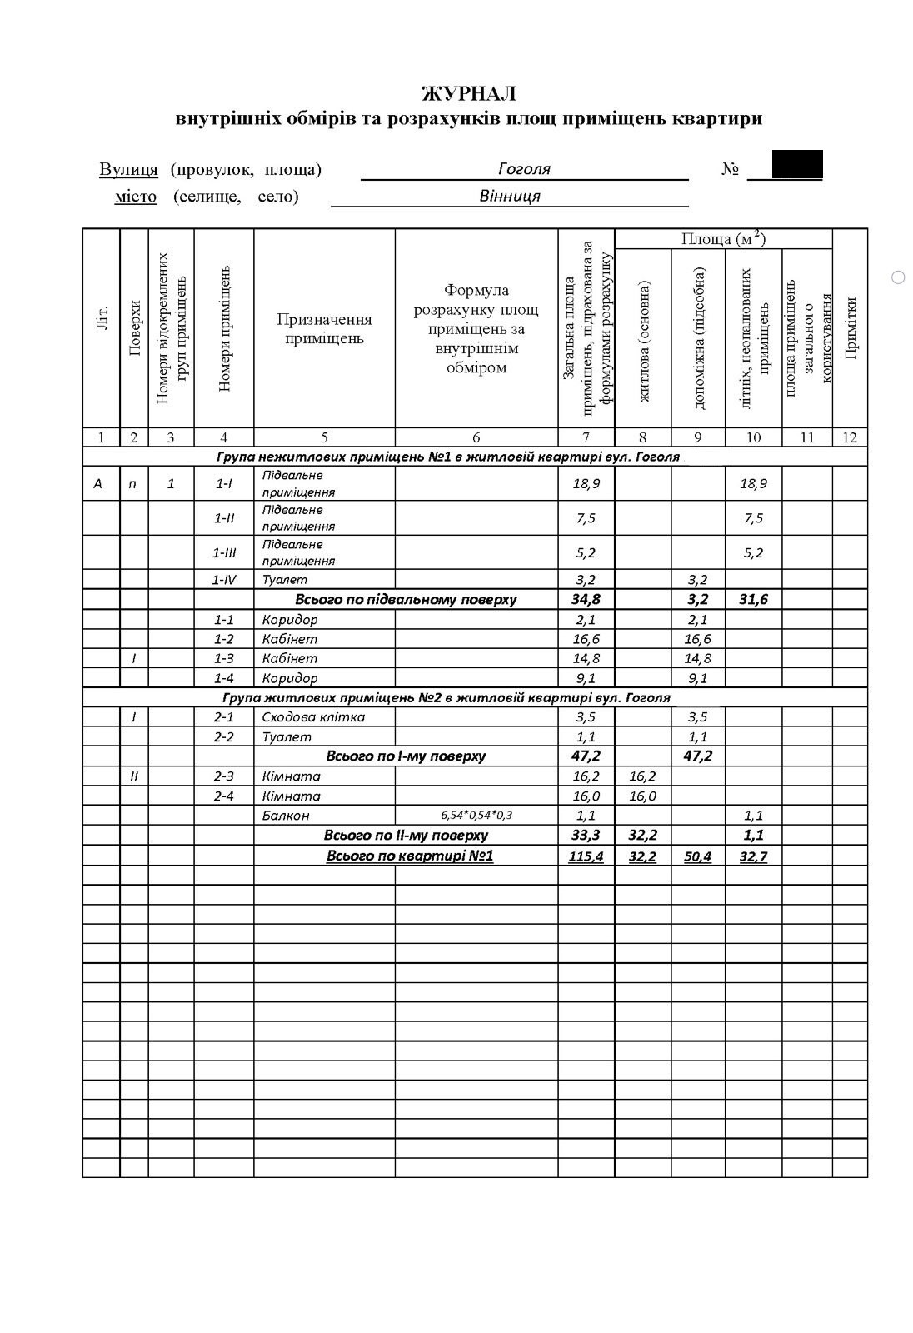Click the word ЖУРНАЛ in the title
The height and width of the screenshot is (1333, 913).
[469, 93]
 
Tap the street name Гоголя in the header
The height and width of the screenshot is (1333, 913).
[524, 169]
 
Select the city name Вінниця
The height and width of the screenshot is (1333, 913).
[510, 197]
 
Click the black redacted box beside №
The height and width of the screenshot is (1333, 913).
[797, 164]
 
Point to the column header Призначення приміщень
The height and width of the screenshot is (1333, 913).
[324, 328]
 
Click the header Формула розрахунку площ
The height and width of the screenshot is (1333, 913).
[476, 328]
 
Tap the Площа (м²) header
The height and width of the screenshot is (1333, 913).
[723, 239]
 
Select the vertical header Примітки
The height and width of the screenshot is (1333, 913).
[850, 328]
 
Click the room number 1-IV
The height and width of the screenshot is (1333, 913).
[223, 580]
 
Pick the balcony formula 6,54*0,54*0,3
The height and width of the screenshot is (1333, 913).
[476, 816]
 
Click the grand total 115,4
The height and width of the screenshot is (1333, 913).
[586, 856]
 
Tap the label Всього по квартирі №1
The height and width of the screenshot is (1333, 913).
[410, 856]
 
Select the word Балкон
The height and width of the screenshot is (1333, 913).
[286, 816]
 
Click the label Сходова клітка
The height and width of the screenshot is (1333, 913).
[313, 717]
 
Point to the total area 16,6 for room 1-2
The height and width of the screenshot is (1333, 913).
[586, 640]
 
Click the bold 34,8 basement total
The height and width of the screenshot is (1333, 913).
[586, 600]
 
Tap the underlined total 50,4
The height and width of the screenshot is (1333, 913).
[697, 856]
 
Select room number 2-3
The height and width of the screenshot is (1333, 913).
[223, 776]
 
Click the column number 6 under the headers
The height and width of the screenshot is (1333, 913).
[476, 437]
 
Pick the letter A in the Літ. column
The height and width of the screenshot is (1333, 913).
[98, 483]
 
